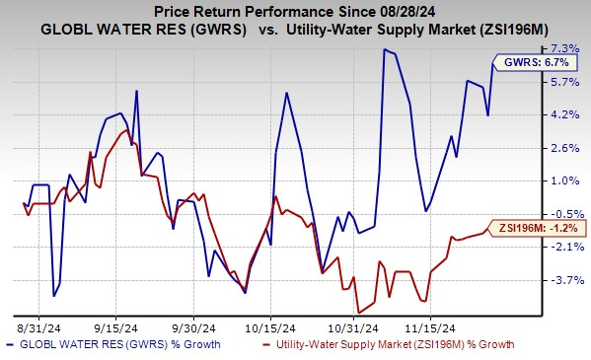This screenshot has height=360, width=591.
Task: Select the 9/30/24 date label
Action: [194, 324]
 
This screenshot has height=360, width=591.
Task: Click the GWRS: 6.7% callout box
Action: [521, 62]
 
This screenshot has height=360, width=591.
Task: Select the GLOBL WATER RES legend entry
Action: [113, 344]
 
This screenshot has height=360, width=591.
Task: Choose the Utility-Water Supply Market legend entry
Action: [391, 344]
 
